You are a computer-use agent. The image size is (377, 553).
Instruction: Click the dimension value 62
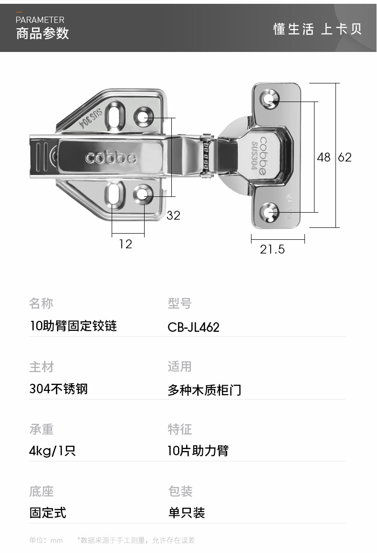click(x=345, y=157)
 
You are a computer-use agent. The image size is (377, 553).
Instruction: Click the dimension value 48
click(x=324, y=157)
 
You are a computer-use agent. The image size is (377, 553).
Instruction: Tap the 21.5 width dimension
click(x=272, y=249)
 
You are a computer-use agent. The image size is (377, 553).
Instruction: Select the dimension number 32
click(x=173, y=215)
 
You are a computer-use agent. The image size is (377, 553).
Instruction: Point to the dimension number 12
click(x=126, y=244)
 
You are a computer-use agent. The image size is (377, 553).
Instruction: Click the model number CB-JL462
click(x=193, y=328)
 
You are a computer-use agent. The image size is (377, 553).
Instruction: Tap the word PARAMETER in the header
click(x=40, y=20)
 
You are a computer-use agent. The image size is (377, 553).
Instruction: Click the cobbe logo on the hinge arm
click(x=111, y=157)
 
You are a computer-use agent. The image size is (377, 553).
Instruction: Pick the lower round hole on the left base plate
click(x=143, y=194)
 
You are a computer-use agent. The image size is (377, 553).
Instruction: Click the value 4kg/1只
click(x=52, y=451)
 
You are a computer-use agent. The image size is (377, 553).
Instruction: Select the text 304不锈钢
click(x=59, y=389)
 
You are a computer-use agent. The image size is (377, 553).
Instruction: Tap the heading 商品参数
click(x=42, y=33)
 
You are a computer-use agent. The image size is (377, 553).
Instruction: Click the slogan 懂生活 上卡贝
click(x=318, y=29)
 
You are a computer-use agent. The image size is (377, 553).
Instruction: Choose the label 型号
click(x=179, y=303)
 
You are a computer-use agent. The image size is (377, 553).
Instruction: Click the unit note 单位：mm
click(x=46, y=540)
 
